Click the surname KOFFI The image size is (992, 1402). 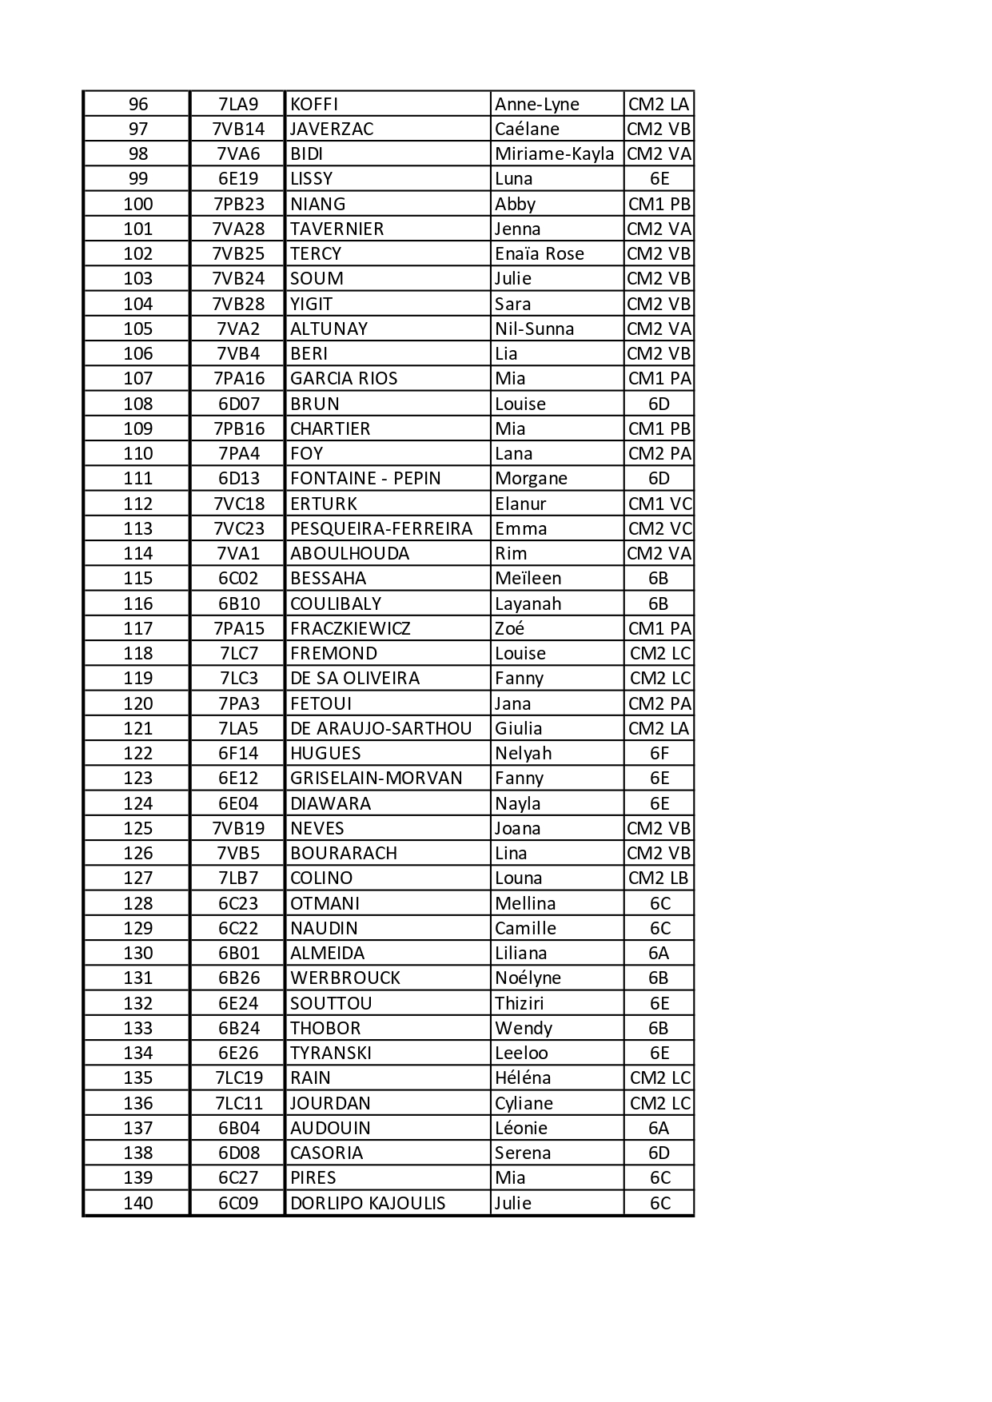314,104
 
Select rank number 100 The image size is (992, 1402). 137,204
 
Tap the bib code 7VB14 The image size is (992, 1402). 238,129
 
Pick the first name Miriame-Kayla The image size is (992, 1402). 554,153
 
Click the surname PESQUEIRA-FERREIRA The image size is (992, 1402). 381,528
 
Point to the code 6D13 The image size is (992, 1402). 238,478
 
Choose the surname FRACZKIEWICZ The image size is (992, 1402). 350,628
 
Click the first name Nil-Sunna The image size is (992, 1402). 534,329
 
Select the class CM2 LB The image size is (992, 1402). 658,878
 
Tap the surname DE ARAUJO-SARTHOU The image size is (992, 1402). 380,728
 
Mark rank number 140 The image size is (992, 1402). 137,1203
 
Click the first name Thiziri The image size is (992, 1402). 519,1003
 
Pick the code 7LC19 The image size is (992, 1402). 238,1077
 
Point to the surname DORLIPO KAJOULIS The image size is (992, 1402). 368,1203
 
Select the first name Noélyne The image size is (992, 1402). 528,978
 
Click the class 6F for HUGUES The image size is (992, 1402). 659,753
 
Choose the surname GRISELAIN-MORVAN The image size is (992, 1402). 376,778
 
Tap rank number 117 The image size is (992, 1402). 137,628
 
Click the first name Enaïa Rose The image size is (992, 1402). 539,253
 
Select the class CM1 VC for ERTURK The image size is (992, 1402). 659,504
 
